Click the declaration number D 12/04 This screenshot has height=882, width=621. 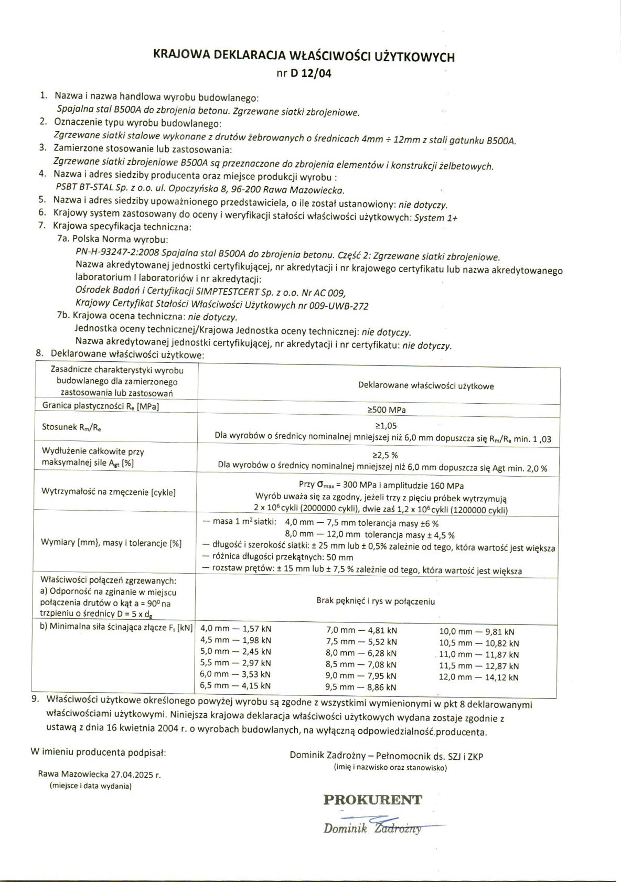click(x=310, y=73)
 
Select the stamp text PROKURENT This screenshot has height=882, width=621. click(x=372, y=800)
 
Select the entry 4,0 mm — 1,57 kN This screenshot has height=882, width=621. click(x=236, y=629)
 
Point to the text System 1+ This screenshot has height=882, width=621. click(x=435, y=218)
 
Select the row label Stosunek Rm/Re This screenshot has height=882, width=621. click(x=72, y=427)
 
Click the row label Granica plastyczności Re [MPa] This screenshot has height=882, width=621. click(x=101, y=406)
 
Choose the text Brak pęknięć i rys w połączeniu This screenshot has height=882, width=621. click(x=376, y=601)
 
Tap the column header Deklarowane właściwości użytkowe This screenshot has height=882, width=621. click(x=426, y=386)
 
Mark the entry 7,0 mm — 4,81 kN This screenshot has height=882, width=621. click(x=361, y=630)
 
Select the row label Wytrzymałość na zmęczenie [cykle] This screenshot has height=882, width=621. click(x=109, y=492)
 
